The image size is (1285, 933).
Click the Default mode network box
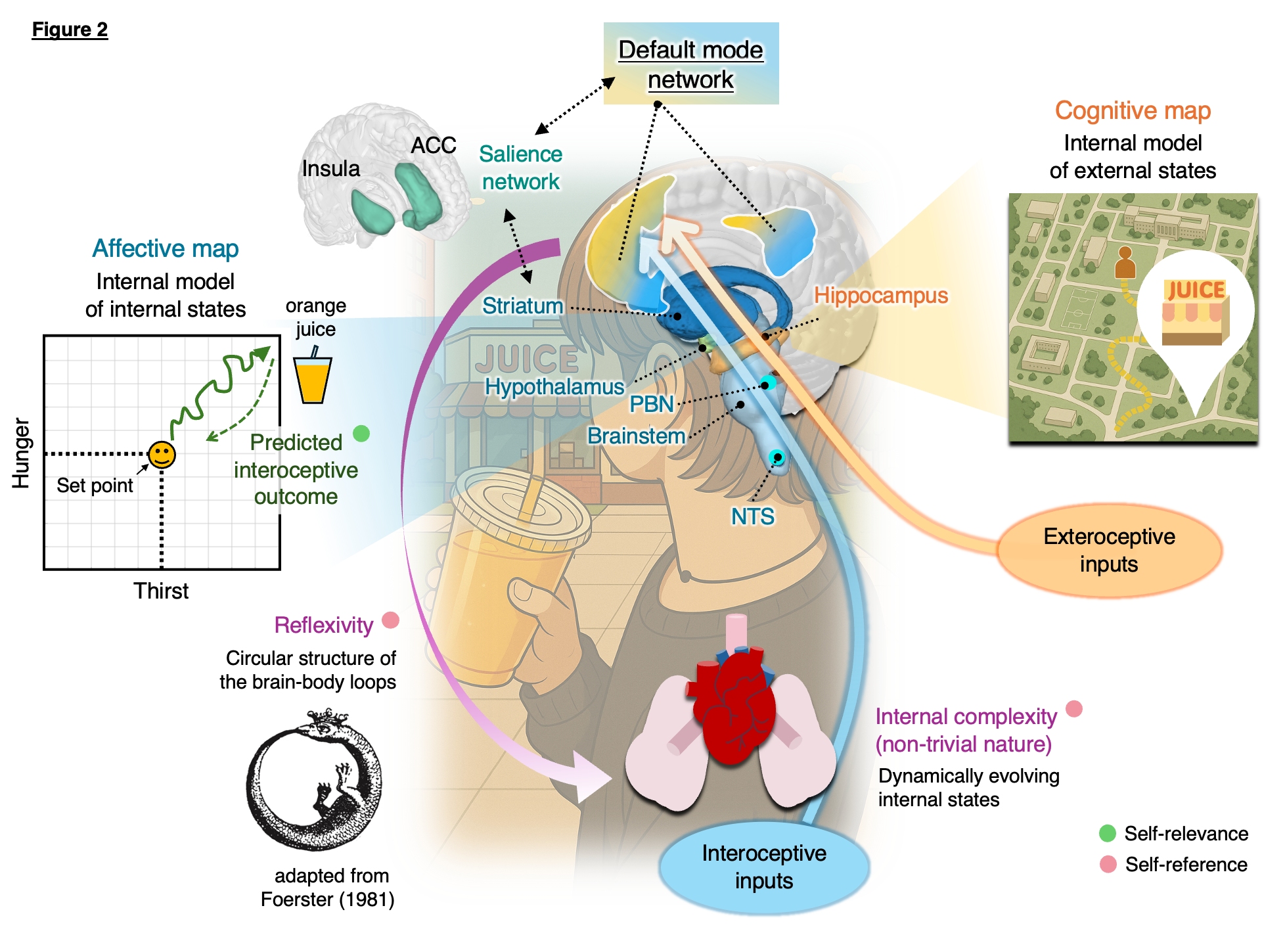click(x=690, y=64)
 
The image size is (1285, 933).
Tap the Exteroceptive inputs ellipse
click(x=1109, y=551)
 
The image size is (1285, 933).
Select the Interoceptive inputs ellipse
click(x=764, y=867)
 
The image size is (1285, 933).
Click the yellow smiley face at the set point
click(x=162, y=455)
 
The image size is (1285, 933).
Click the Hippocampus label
click(x=880, y=296)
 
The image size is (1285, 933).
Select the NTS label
click(x=752, y=517)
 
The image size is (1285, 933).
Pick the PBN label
click(x=651, y=404)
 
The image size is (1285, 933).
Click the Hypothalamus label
click(x=554, y=387)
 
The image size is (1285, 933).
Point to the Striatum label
click(x=522, y=306)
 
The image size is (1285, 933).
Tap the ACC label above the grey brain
click(x=433, y=145)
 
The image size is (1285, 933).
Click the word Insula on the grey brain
click(x=330, y=169)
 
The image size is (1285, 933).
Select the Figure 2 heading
click(x=70, y=30)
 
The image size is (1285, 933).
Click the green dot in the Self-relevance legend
click(x=1108, y=833)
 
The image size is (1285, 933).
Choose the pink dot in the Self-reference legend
click(x=1108, y=864)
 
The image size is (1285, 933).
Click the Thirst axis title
click(x=161, y=591)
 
